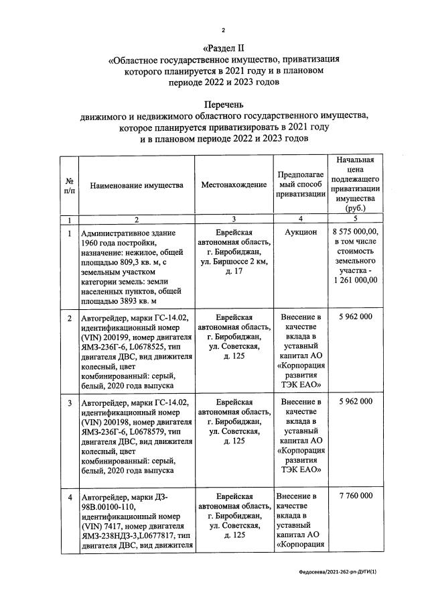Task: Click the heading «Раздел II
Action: point(224,48)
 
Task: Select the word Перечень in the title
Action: point(224,105)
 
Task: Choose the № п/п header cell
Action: point(69,185)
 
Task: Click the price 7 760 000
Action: point(356,496)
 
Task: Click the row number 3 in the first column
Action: point(69,402)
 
